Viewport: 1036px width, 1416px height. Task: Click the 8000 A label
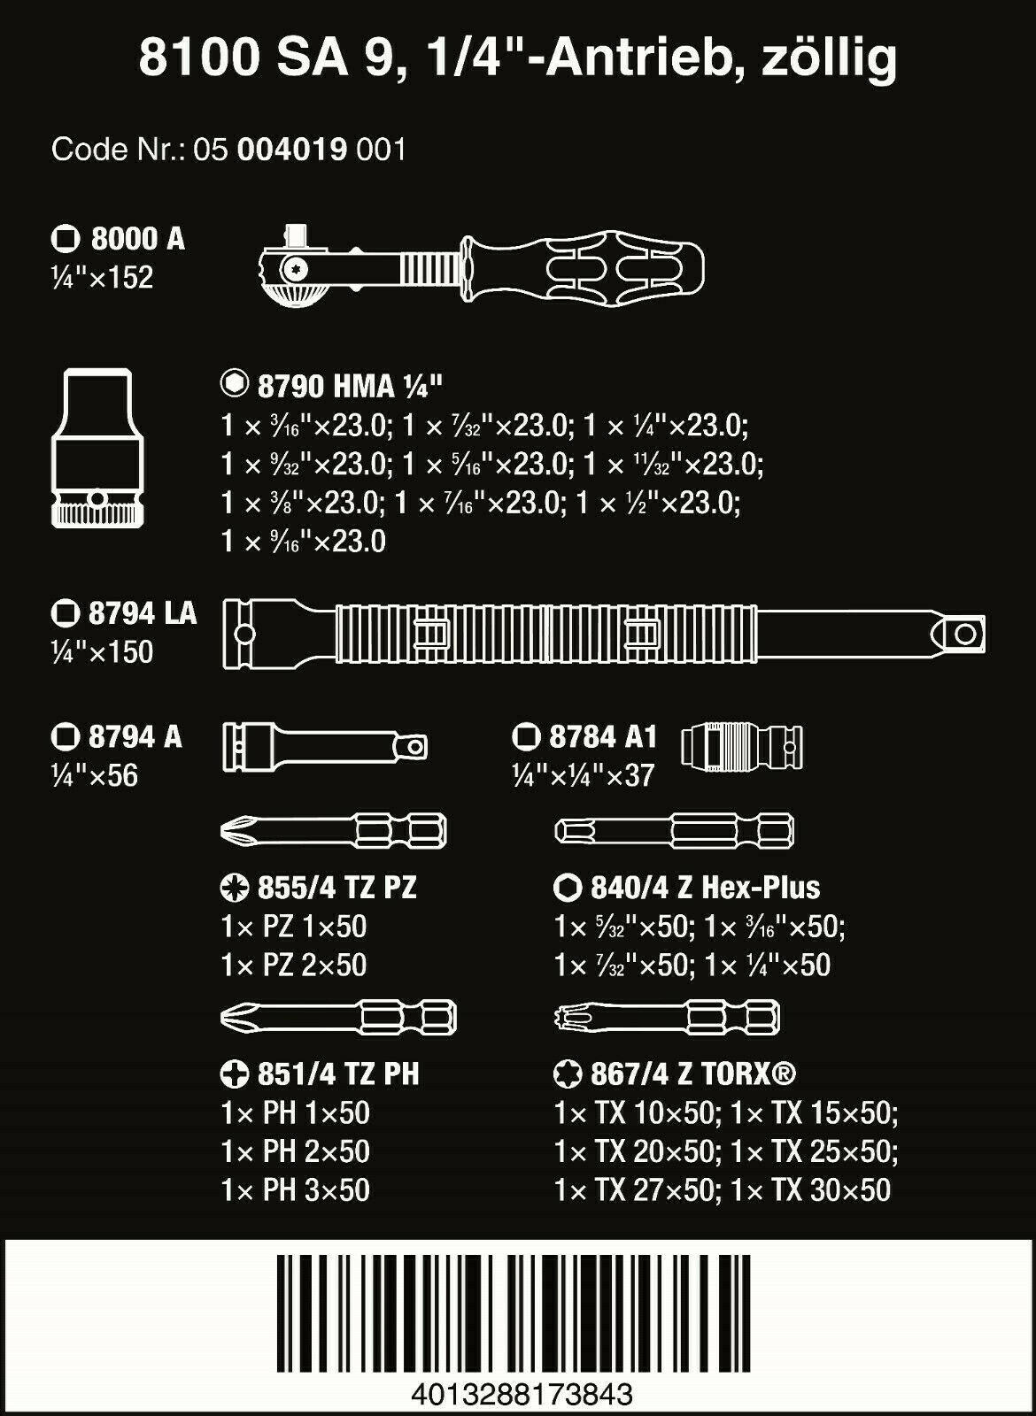pyautogui.click(x=137, y=239)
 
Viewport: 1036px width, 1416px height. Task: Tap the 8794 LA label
pyautogui.click(x=142, y=613)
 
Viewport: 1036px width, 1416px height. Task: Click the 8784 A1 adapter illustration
pyautogui.click(x=742, y=748)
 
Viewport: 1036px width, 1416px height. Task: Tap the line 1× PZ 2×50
pyautogui.click(x=294, y=965)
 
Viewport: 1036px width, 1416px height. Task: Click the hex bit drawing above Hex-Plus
pyautogui.click(x=673, y=831)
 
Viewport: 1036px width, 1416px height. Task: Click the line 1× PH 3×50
pyautogui.click(x=295, y=1189)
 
